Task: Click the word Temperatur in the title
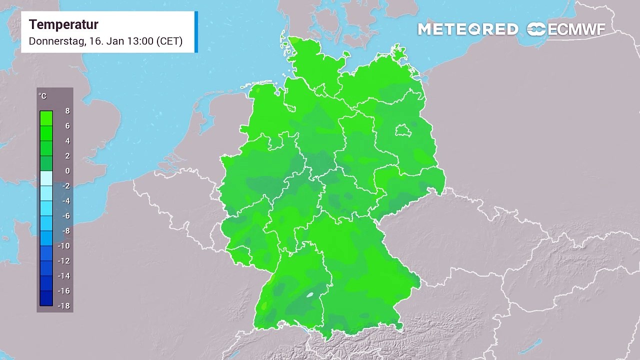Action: click(x=63, y=24)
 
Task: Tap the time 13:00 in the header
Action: click(x=140, y=41)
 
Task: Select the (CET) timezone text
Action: click(x=169, y=41)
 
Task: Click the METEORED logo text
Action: click(x=468, y=29)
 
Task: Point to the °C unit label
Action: click(x=42, y=96)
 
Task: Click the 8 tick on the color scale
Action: click(x=67, y=111)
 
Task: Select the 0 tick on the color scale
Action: click(x=67, y=171)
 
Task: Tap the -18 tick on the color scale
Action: click(x=64, y=306)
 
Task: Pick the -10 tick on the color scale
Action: click(x=64, y=246)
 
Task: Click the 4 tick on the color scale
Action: click(x=67, y=141)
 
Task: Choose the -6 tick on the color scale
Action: click(x=65, y=216)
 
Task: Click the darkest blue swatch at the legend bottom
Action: click(x=46, y=298)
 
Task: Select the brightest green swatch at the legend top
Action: click(x=46, y=118)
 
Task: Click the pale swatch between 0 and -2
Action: click(x=46, y=178)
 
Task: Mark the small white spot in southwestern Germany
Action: click(x=310, y=295)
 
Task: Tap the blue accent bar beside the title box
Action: click(x=196, y=32)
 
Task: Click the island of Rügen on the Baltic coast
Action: click(x=398, y=51)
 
